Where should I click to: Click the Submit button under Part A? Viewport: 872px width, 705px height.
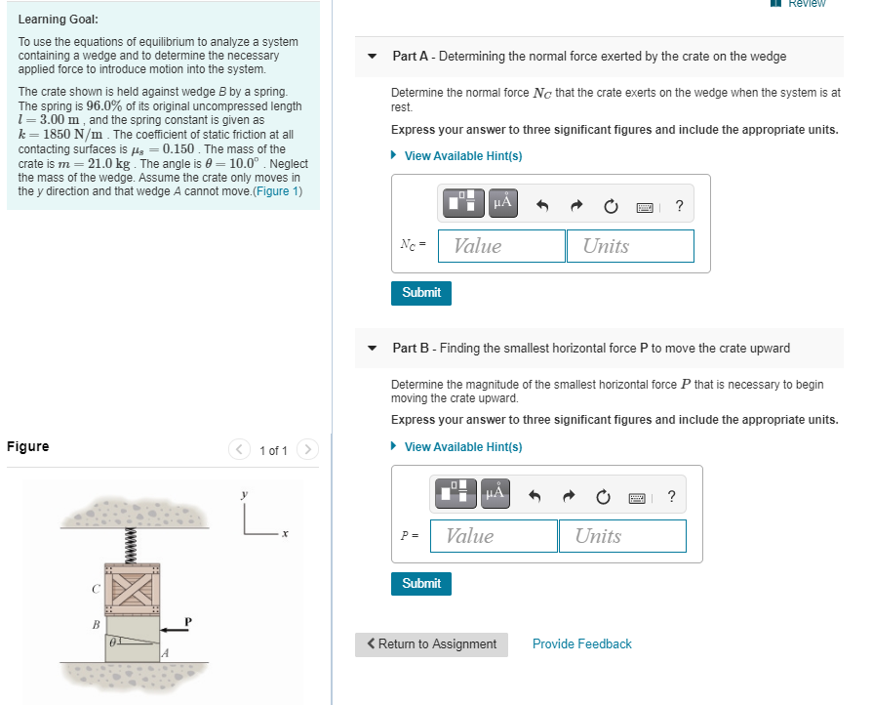421,292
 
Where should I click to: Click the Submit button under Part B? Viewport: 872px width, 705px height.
421,583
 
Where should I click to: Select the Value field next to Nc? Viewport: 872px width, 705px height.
501,246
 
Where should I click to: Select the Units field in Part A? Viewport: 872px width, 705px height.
630,246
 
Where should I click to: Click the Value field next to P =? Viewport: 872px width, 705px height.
494,536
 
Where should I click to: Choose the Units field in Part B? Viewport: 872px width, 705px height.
622,536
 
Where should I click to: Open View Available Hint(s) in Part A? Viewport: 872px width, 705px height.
462,156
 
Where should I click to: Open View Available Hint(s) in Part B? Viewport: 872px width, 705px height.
462,447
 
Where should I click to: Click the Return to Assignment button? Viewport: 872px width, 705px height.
431,644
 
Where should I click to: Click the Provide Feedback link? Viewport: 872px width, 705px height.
581,644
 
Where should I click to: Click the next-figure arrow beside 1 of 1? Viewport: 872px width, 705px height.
307,450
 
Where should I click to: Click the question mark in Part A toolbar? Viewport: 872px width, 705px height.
679,205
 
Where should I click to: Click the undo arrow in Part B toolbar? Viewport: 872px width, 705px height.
535,496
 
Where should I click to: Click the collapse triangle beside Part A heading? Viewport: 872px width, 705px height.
372,57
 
